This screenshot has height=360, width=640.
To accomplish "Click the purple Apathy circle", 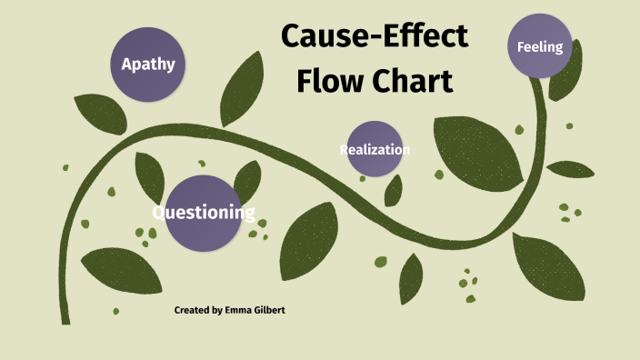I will pyautogui.click(x=148, y=64).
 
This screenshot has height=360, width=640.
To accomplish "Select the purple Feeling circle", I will pyautogui.click(x=540, y=45).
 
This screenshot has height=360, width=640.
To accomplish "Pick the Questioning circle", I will pyautogui.click(x=204, y=213).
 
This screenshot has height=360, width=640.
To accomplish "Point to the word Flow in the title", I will pyautogui.click(x=330, y=81).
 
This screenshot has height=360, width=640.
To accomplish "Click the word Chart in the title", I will pyautogui.click(x=413, y=81).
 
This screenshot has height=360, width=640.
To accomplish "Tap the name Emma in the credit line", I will pyautogui.click(x=239, y=311).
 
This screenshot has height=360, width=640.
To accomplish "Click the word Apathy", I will pyautogui.click(x=148, y=65).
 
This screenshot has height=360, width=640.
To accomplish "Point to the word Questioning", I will pyautogui.click(x=204, y=214).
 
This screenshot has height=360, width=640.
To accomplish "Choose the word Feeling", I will pyautogui.click(x=540, y=46).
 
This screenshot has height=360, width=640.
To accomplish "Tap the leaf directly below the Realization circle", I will pyautogui.click(x=394, y=191).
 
